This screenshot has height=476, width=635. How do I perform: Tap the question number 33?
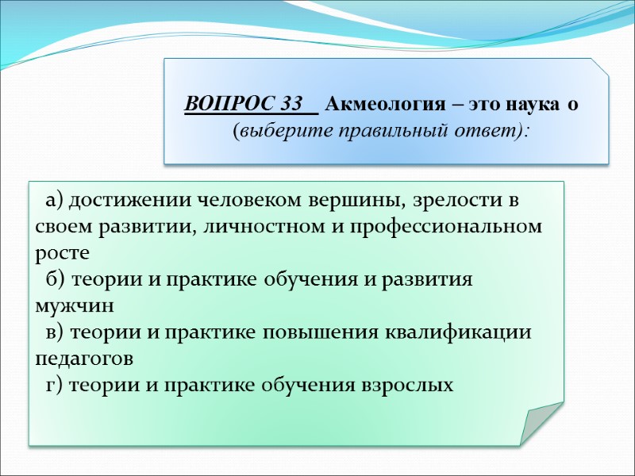point(292,104)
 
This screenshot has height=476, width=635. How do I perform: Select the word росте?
point(58,253)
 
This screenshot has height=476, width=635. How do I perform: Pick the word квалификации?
point(460,332)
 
